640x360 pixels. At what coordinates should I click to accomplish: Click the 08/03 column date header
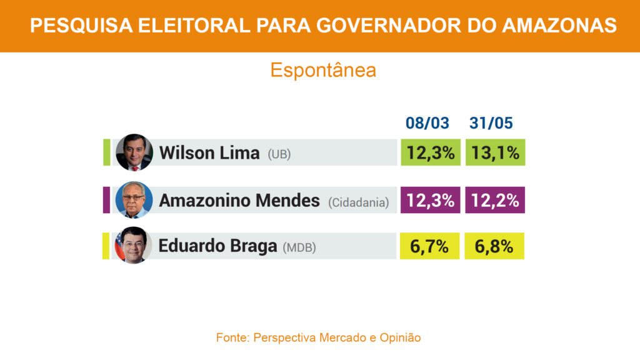point(427,123)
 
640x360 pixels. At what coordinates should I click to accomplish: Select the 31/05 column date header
point(491,123)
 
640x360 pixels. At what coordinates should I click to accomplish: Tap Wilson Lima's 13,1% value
point(495,152)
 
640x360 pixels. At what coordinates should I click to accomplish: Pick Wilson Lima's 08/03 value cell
point(430,152)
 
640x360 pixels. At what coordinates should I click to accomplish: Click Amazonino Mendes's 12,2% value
point(495,201)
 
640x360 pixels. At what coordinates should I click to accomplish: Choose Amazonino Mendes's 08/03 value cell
point(430,201)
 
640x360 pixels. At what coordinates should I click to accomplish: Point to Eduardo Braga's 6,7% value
point(429,246)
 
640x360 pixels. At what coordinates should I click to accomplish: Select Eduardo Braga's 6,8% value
point(494,246)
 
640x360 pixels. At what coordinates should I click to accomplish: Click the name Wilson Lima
point(209,153)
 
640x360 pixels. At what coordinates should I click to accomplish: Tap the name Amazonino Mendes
point(239,201)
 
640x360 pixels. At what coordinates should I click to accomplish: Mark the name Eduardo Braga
point(217,246)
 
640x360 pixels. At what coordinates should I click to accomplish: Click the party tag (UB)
point(279,154)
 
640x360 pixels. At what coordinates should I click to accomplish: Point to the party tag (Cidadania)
point(358,202)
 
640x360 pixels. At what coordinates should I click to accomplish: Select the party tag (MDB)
point(299,247)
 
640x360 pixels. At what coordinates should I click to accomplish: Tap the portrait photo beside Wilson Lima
point(134,152)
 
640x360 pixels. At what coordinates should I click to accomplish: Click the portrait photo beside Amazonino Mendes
point(134,199)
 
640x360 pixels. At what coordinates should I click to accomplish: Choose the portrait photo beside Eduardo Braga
point(133,245)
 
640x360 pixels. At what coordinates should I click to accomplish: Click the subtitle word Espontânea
point(323,70)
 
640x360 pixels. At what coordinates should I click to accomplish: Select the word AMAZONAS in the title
point(560,26)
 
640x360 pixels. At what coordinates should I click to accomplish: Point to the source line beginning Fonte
point(318,337)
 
